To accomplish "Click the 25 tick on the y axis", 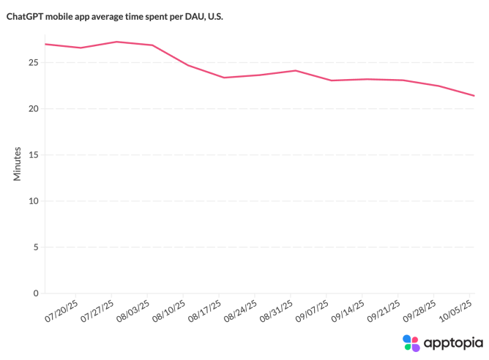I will click(32, 63).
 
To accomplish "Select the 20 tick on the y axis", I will click(32, 109).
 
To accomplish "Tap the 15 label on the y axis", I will click(32, 155).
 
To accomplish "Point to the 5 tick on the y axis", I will click(35, 247).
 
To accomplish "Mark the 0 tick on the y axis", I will click(35, 293).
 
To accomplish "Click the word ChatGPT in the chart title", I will click(25, 16).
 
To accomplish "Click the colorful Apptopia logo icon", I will click(411, 343).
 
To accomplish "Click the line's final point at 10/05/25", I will click(474, 96).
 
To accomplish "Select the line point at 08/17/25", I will click(224, 78).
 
